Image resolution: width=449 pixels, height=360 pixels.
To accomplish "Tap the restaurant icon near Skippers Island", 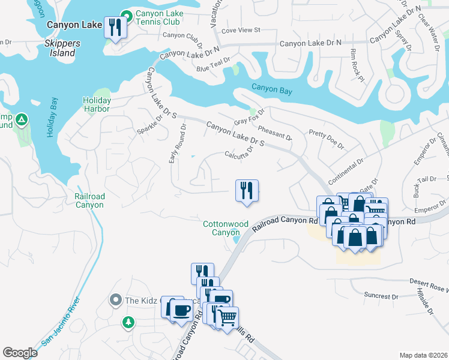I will click(115, 27).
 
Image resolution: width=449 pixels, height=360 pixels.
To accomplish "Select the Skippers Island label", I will click(59, 48).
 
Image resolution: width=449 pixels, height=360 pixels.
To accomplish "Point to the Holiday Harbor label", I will click(96, 104).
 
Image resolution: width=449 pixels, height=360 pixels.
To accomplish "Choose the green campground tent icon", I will click(22, 120).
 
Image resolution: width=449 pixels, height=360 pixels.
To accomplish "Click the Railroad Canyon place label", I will click(89, 200).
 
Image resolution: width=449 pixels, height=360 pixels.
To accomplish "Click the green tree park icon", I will click(128, 323).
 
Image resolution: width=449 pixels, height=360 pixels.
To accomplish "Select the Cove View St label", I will click(240, 29).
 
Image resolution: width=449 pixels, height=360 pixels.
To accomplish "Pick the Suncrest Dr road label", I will click(381, 296).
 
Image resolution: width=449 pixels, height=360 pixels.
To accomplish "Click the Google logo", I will click(20, 353).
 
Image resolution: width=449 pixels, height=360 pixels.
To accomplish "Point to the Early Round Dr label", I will click(178, 138).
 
